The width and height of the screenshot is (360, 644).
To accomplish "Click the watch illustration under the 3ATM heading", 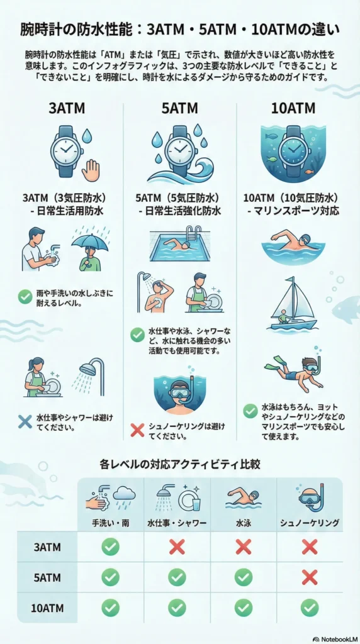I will pyautogui.click(x=67, y=150).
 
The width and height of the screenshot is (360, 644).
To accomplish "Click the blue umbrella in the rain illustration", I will pyautogui.click(x=90, y=241).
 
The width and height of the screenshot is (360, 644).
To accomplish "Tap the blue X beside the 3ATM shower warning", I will pyautogui.click(x=25, y=421).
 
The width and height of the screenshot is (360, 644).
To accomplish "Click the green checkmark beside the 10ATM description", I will pyautogui.click(x=250, y=411).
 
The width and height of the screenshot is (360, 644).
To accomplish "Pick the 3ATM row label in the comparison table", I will pyautogui.click(x=47, y=547).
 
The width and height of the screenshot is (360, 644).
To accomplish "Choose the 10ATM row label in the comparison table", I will pyautogui.click(x=47, y=608).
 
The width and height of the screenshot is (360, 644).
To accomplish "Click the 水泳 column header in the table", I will pyautogui.click(x=243, y=523).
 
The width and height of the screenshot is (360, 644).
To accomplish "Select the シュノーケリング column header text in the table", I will pyautogui.click(x=308, y=523).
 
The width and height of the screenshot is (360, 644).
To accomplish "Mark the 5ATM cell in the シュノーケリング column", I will pyautogui.click(x=308, y=577).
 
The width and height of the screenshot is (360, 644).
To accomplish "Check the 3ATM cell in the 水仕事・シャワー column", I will pyautogui.click(x=177, y=547).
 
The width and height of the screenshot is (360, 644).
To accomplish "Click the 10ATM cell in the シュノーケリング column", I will pyautogui.click(x=308, y=608).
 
